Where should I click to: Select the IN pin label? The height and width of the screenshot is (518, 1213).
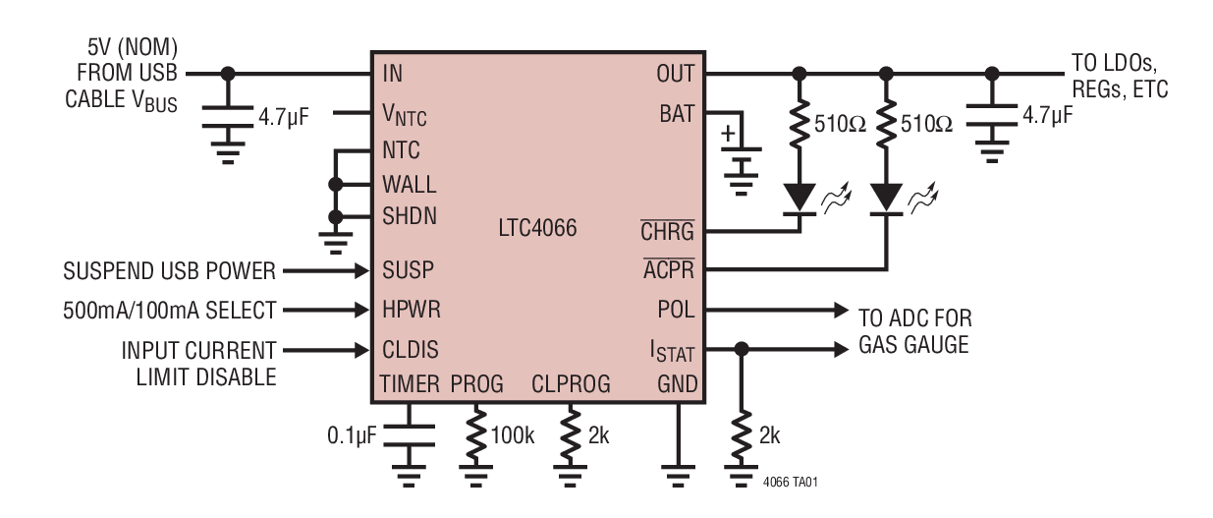tap(392, 74)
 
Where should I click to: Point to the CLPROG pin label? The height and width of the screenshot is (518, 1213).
tap(571, 383)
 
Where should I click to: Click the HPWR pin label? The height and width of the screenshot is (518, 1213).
tap(411, 309)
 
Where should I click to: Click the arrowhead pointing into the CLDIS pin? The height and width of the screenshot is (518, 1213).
tap(360, 348)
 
